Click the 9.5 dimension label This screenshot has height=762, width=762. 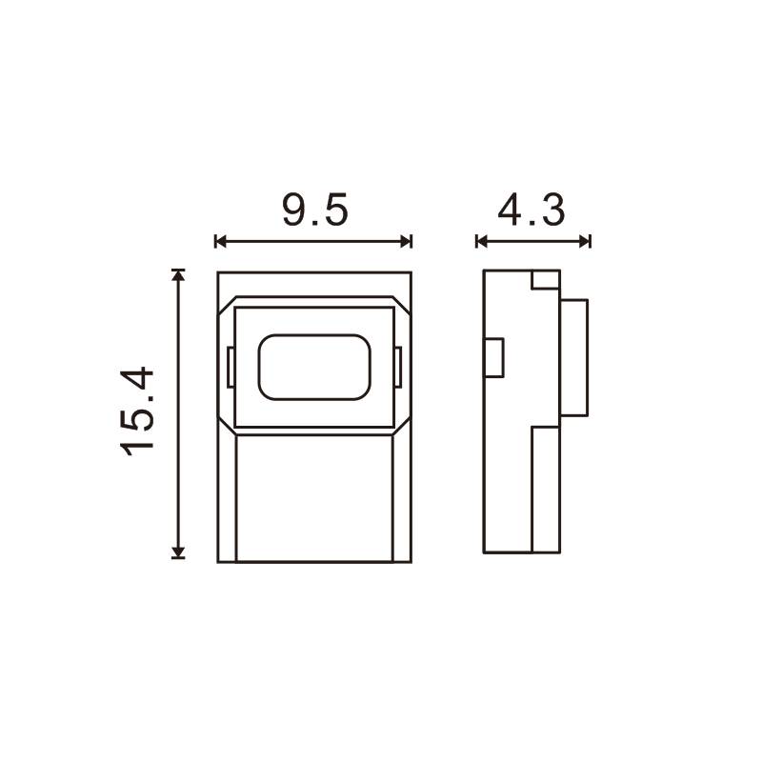[315, 210]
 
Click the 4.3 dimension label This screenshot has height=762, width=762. [531, 210]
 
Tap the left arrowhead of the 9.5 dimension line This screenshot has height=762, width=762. [221, 241]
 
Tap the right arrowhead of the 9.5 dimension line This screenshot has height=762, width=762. [407, 241]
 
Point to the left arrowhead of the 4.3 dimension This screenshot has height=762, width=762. [482, 241]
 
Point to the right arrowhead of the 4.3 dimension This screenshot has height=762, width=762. [585, 241]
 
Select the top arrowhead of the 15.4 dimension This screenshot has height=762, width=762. [178, 275]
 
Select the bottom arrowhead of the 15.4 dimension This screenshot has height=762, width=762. [178, 552]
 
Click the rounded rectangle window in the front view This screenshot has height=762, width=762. [314, 368]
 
